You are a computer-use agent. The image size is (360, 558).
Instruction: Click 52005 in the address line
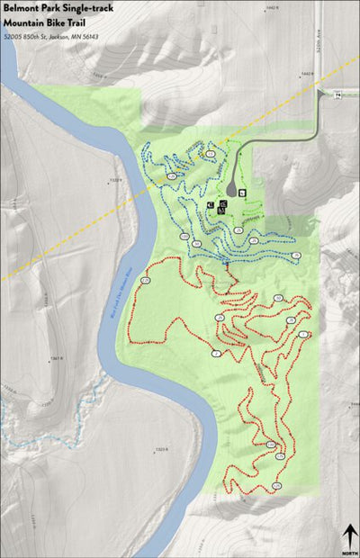pos(13,37)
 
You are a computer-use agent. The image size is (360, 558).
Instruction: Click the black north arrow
pos(349,534)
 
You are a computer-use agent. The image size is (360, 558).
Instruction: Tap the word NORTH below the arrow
pos(349,552)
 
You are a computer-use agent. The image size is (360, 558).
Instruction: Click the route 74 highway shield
pos(337,94)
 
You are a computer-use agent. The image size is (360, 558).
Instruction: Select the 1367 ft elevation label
pos(55,358)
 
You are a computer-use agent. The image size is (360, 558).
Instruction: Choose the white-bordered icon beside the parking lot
pos(240,191)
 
